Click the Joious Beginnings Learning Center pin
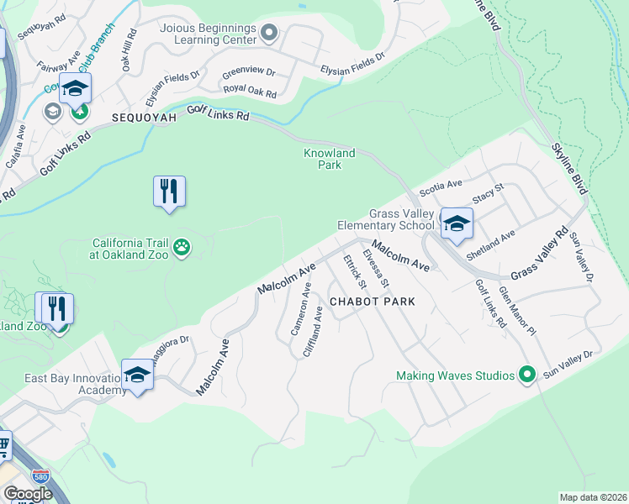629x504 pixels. pos(269,33)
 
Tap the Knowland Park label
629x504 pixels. pos(330,159)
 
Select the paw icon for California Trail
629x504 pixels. pos(182,247)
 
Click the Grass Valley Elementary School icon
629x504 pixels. pos(457,224)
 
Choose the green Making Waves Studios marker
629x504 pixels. pos(527,375)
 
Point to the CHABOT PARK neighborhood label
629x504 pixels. pos(373,301)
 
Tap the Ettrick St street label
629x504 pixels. pos(351,270)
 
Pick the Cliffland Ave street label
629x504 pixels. pos(312,332)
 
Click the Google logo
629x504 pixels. pos(28,494)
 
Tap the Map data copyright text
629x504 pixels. pos(593,497)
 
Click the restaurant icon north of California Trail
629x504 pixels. pos(169,192)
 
